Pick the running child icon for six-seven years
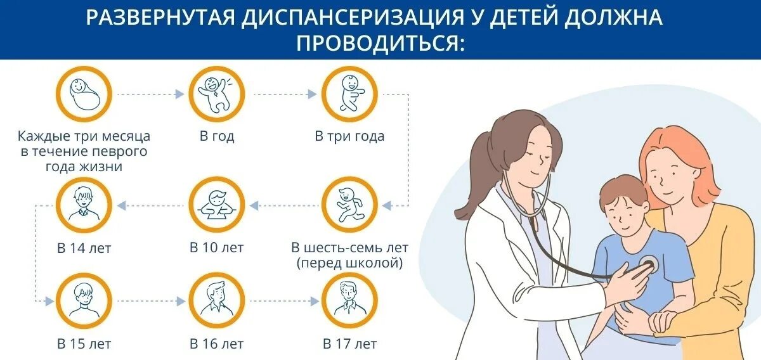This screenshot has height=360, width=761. click(x=349, y=205)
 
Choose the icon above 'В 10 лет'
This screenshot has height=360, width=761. click(x=216, y=205)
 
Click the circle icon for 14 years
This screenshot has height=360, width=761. click(x=84, y=205)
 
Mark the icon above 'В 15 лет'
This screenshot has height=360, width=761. click(x=84, y=301)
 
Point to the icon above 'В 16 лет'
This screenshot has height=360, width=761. click(x=216, y=301)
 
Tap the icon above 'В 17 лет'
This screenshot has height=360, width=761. click(x=349, y=301)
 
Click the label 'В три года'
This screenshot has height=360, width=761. click(x=349, y=136)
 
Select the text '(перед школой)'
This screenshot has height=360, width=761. click(x=349, y=263)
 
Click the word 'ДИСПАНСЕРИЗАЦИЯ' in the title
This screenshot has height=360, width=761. click(x=339, y=18)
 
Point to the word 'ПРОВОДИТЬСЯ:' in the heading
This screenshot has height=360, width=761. click(x=380, y=42)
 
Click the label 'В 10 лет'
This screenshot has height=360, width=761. click(x=216, y=248)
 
